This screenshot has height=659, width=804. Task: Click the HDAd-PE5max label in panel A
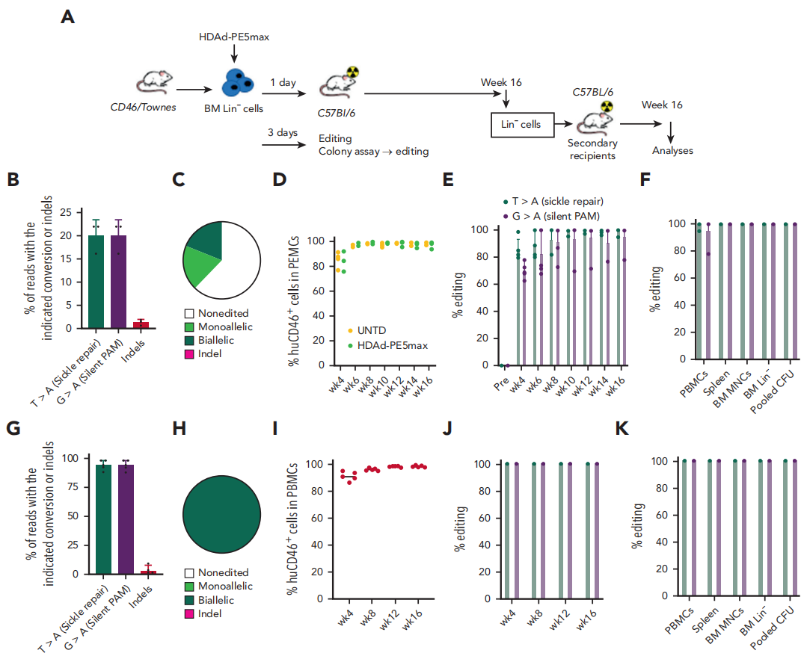click(x=233, y=37)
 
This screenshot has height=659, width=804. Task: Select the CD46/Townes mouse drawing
click(x=155, y=84)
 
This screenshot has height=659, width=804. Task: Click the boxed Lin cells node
click(x=521, y=124)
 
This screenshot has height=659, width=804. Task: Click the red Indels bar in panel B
click(x=141, y=324)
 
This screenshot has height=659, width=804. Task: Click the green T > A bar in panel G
click(x=96, y=519)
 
